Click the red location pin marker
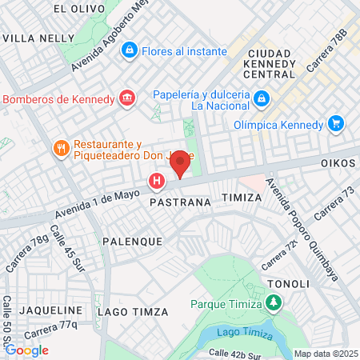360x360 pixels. tap(181, 163)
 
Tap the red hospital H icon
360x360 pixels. tap(158, 182)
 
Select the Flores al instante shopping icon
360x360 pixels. tap(129, 50)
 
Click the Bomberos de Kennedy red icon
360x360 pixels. tap(126, 98)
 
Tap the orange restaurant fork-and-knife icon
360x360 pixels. tap(61, 148)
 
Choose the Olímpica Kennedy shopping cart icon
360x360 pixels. tap(336, 124)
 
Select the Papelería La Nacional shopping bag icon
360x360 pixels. tap(261, 99)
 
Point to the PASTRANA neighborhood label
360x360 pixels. tap(180, 203)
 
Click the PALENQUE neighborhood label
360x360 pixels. tap(132, 240)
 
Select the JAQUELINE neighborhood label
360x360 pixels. tap(52, 310)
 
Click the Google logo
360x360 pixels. tap(26, 350)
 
